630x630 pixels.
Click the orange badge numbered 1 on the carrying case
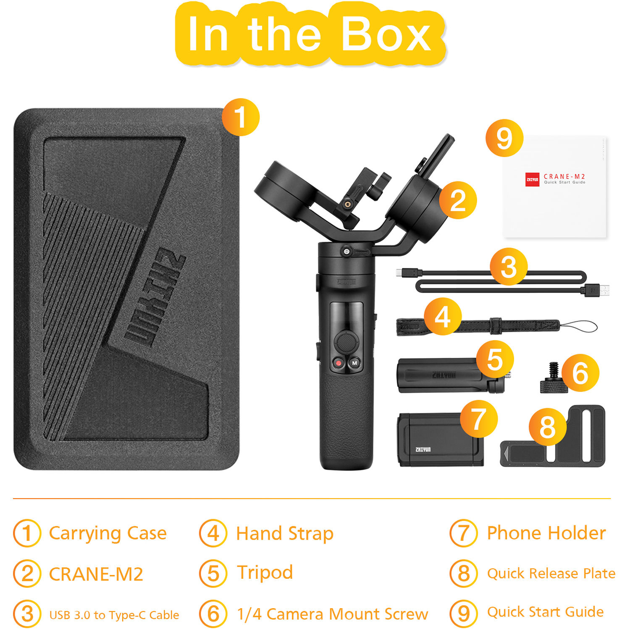tap(240, 117)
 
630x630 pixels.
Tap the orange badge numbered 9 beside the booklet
tap(504, 138)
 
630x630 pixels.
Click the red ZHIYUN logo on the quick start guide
tap(532, 179)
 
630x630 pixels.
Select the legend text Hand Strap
tap(285, 533)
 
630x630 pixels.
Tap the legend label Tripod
tap(265, 572)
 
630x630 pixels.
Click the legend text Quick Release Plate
tap(551, 573)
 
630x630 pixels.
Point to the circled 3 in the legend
tap(27, 614)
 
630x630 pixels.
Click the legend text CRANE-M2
tap(96, 574)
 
